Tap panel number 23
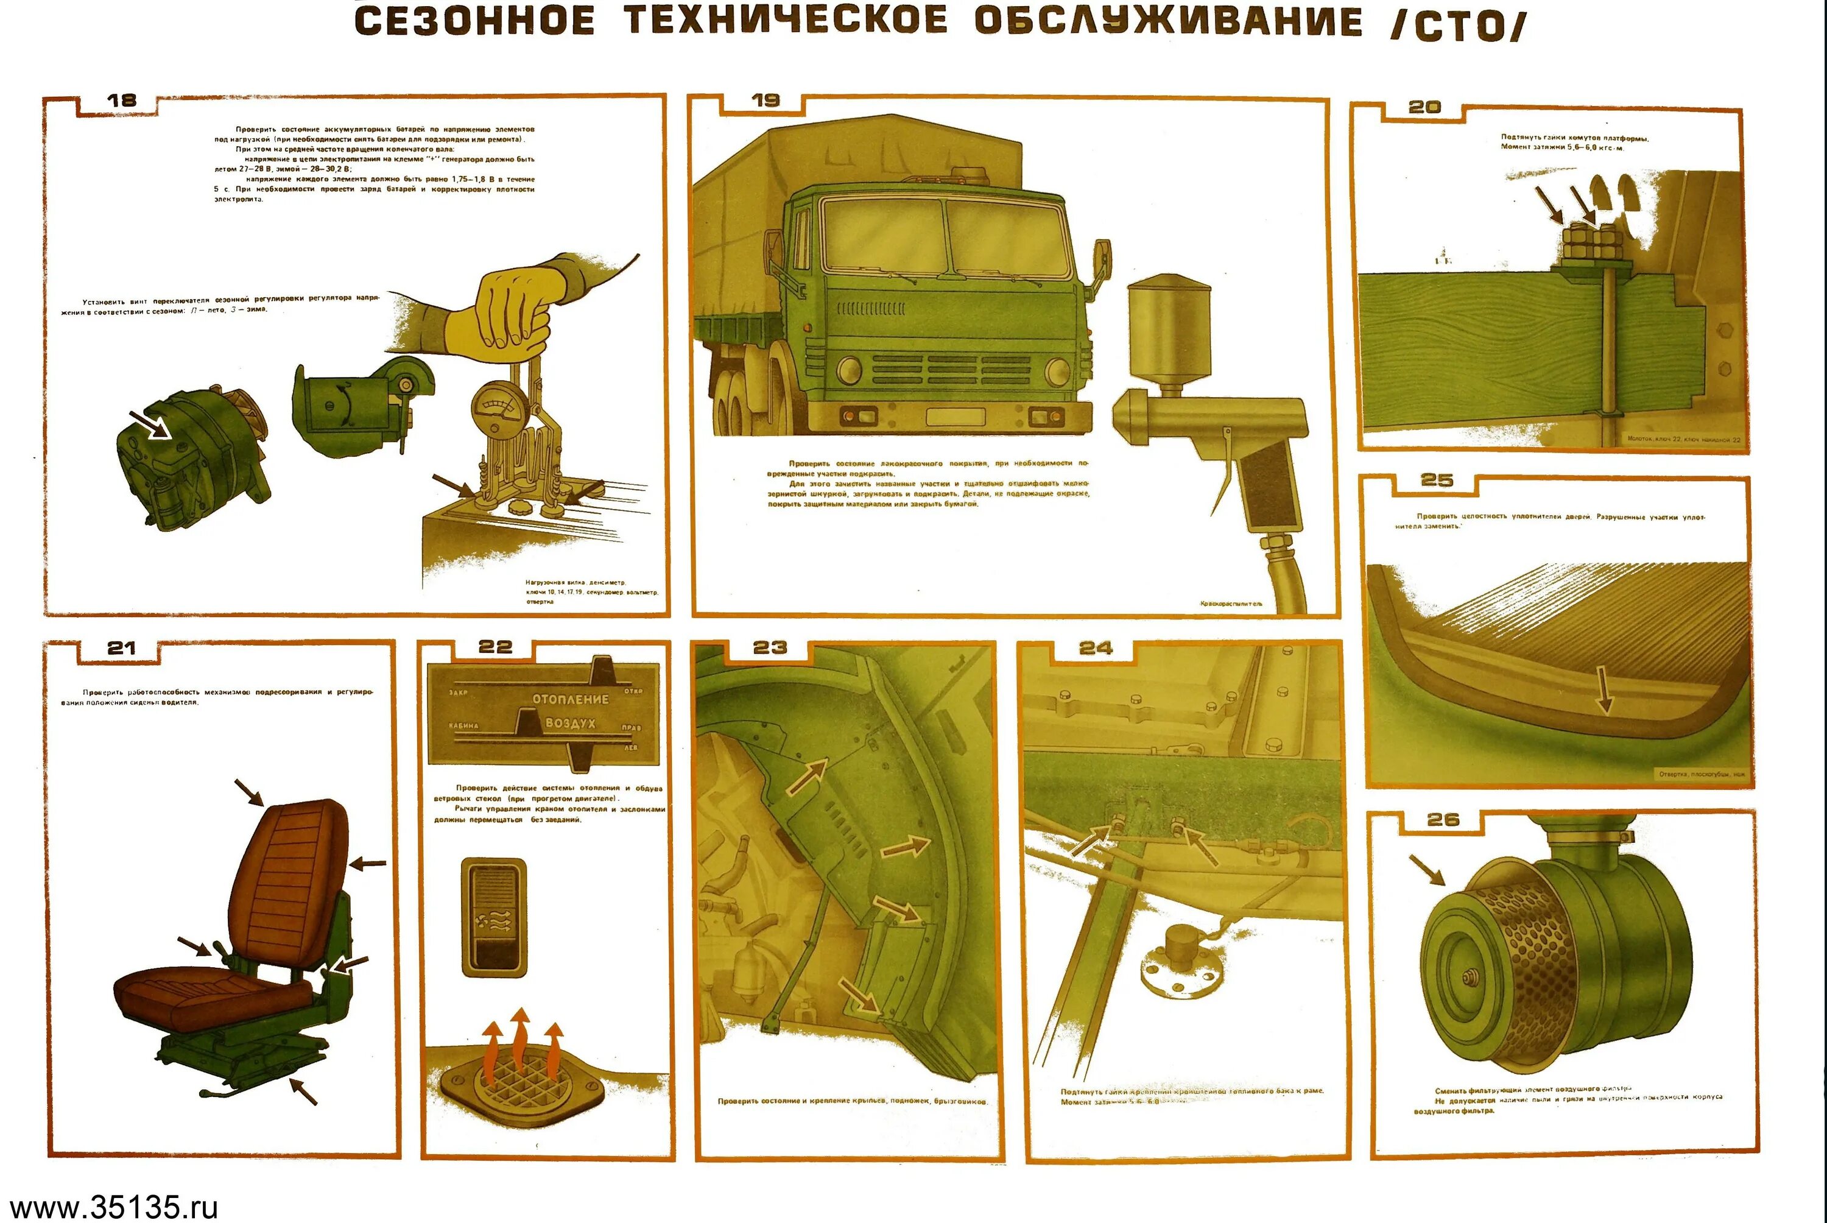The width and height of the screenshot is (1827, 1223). (770, 647)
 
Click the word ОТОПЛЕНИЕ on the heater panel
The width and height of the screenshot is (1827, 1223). (570, 699)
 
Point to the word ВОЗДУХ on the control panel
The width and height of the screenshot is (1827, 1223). (570, 723)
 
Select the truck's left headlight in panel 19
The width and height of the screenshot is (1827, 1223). (851, 372)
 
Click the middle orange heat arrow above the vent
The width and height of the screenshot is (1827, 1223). (520, 1041)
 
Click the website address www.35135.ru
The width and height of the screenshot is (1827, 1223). (113, 1206)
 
